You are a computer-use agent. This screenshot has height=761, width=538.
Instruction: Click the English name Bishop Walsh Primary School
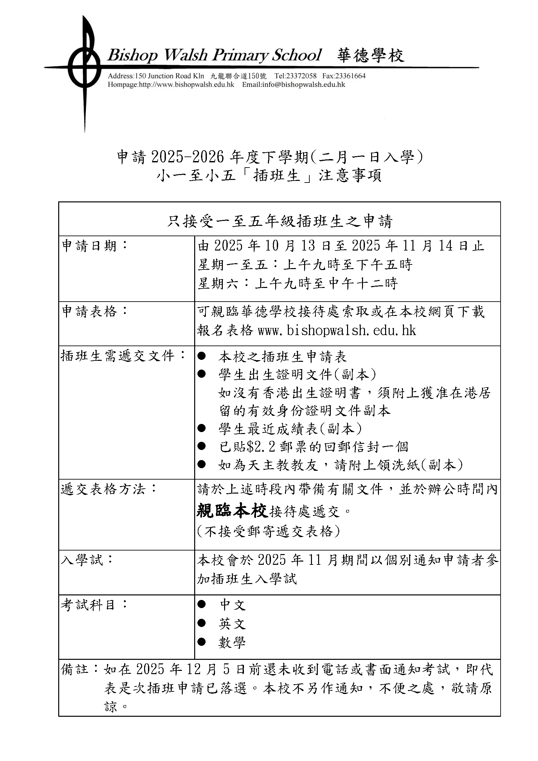pyautogui.click(x=214, y=55)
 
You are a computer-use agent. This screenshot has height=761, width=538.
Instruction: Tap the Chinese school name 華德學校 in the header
pyautogui.click(x=371, y=55)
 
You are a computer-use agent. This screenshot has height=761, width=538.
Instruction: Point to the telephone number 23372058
pyautogui.click(x=301, y=76)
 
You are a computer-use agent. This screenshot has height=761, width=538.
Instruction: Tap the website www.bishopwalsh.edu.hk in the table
pyautogui.click(x=337, y=331)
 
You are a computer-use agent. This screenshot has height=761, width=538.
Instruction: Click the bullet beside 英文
pyautogui.click(x=201, y=623)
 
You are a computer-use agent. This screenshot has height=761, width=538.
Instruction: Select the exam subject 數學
pyautogui.click(x=232, y=643)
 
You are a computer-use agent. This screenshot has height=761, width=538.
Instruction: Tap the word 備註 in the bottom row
pyautogui.click(x=74, y=669)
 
